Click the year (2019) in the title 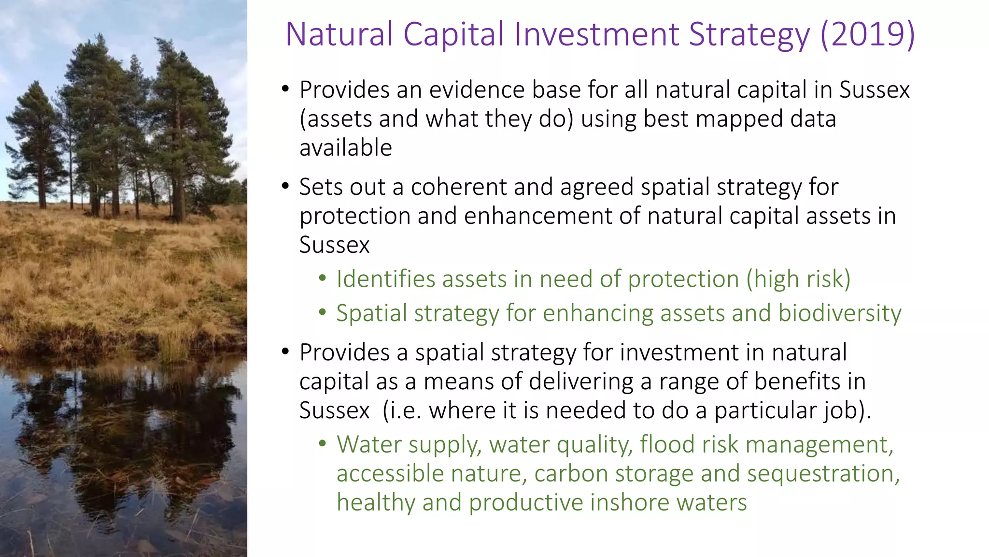(867, 35)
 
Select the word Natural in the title (339, 35)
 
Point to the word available (346, 148)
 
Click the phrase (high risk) (798, 279)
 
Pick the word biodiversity (840, 313)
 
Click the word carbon (571, 473)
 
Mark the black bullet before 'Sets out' (285, 187)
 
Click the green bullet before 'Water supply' (323, 443)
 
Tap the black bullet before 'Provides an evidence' (285, 89)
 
